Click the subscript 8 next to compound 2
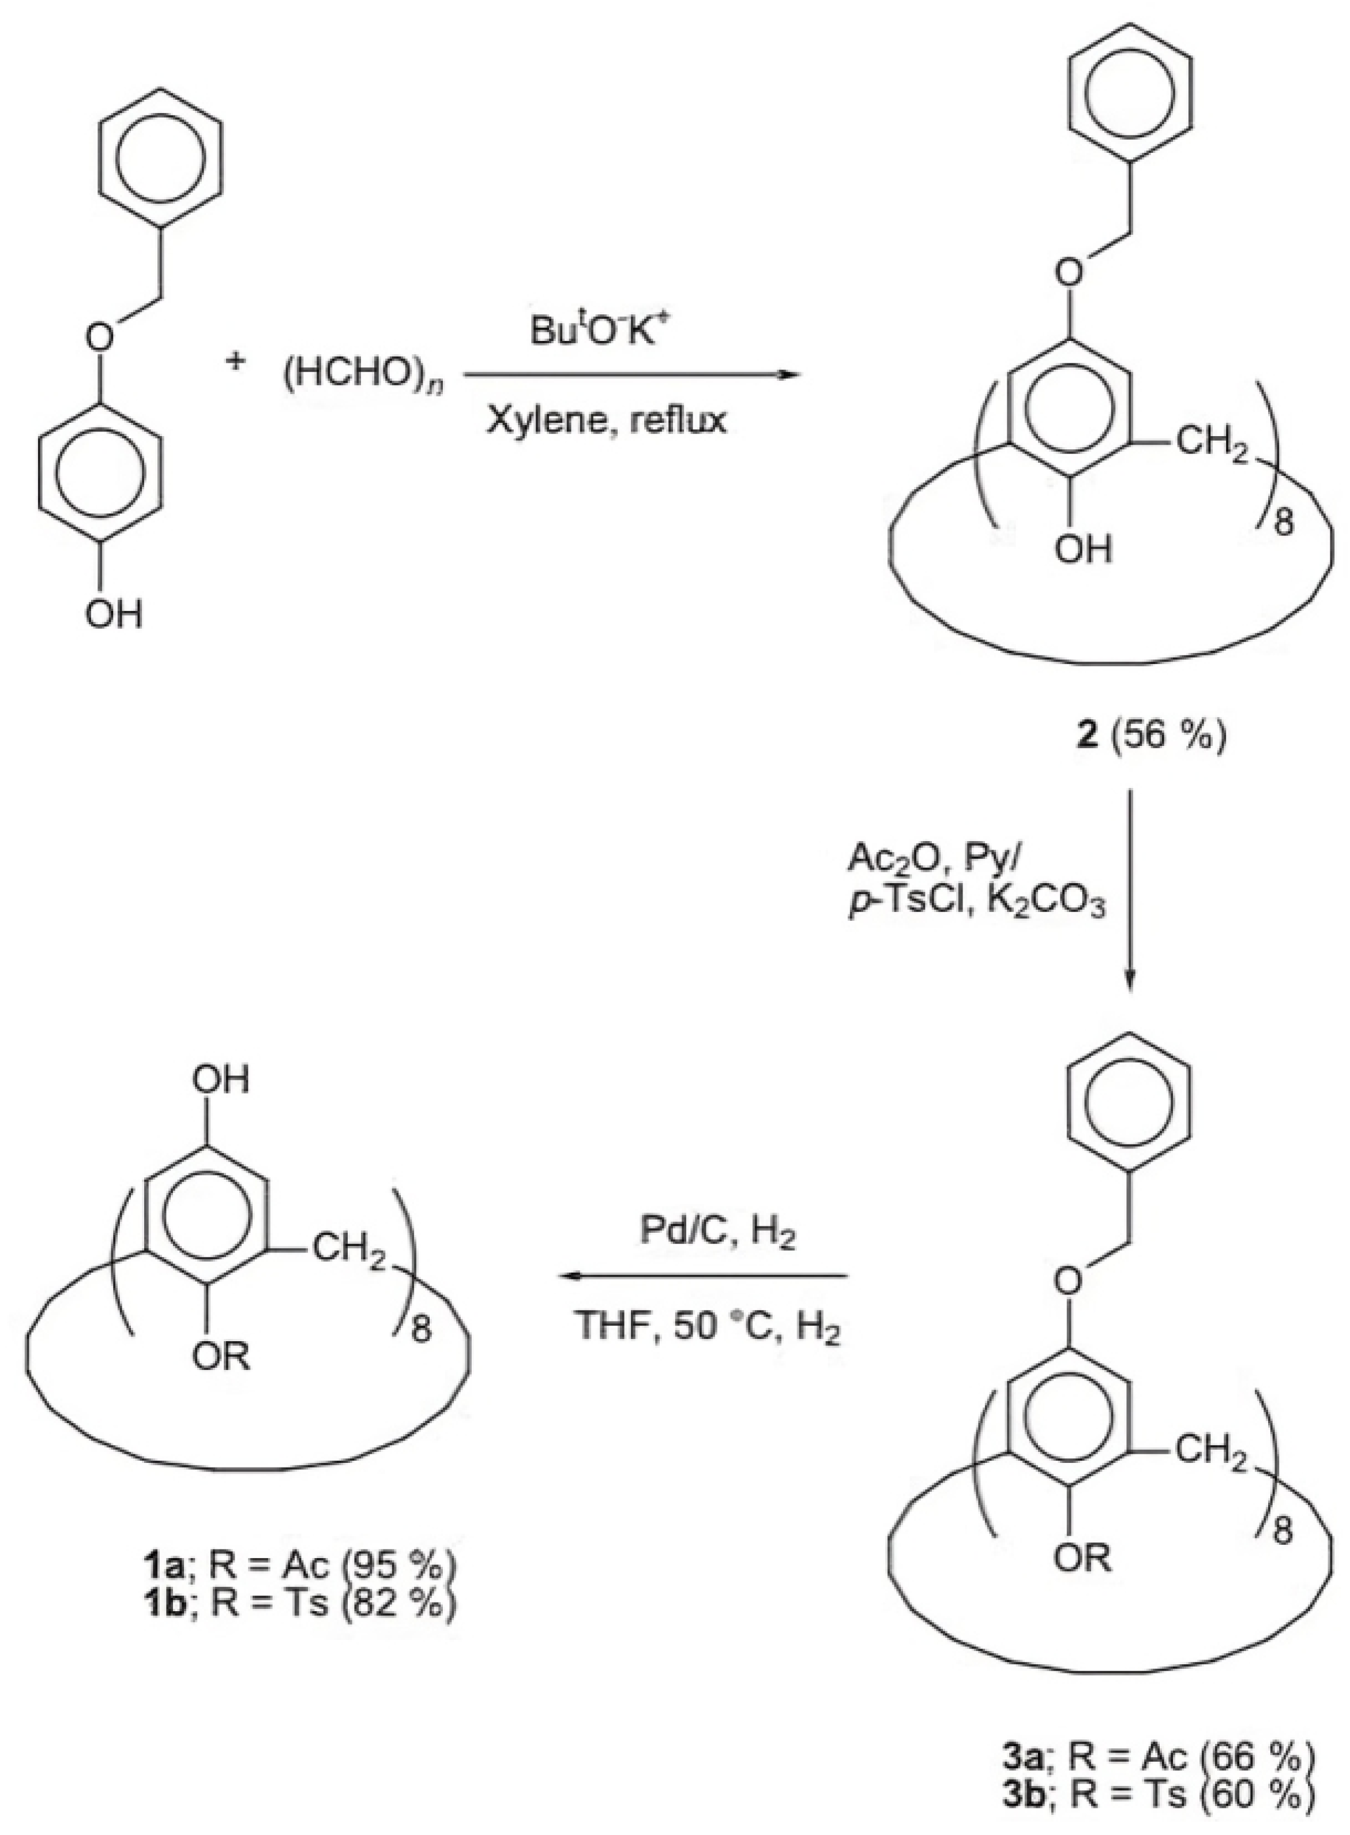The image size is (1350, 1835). pyautogui.click(x=1285, y=524)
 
